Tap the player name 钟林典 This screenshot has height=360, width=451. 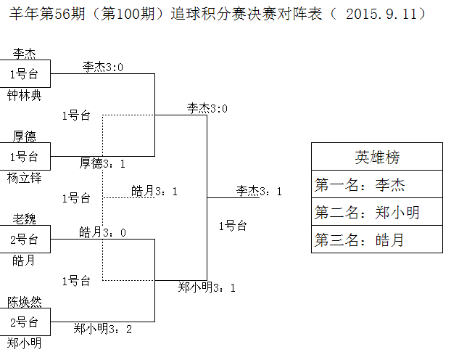(25, 95)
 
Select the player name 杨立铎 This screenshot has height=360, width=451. (25, 177)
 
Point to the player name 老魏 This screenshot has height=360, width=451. (25, 218)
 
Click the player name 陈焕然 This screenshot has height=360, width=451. (25, 300)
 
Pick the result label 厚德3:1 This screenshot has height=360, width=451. (102, 163)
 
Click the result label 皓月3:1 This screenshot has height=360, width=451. (154, 191)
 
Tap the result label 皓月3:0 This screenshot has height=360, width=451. (102, 232)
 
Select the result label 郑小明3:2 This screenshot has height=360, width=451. (102, 329)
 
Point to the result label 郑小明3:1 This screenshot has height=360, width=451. (207, 287)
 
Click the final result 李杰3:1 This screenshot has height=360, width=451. (259, 191)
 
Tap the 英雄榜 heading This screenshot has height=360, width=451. (377, 157)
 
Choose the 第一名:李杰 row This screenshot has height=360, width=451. (377, 184)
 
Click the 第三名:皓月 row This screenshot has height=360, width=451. (377, 240)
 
